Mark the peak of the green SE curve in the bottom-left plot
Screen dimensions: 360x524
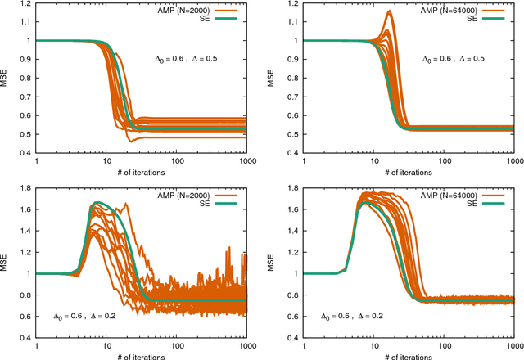click(97, 202)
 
